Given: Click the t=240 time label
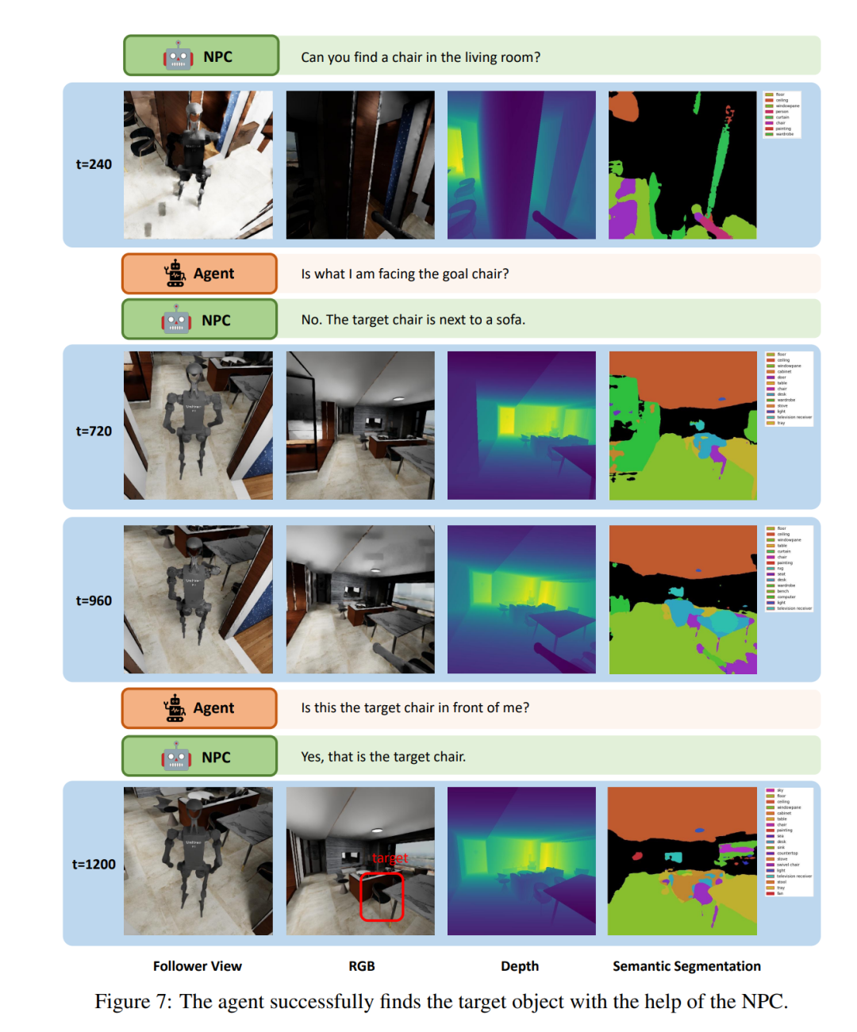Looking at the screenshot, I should click(94, 164).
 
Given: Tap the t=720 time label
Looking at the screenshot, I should click(94, 431).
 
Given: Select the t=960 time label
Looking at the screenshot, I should click(94, 600).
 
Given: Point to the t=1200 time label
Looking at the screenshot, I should click(94, 864).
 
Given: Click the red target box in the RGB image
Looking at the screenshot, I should click(382, 896).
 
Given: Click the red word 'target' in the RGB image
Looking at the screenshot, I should click(390, 858).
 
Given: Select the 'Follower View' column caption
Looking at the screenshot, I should click(197, 965).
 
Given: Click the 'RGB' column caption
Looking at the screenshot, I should click(362, 965).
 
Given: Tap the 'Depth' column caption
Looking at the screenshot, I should click(520, 965).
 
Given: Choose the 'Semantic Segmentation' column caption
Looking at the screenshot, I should click(686, 965).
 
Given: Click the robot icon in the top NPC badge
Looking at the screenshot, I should click(179, 56).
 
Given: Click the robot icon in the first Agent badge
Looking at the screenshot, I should click(175, 274).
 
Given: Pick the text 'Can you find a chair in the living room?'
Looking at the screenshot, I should click(421, 57).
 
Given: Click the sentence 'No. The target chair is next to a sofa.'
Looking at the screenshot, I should click(413, 320).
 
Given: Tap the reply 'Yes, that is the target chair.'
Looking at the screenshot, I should click(383, 757).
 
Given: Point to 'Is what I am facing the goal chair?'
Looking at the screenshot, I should click(405, 274).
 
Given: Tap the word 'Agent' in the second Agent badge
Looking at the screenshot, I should click(213, 708).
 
